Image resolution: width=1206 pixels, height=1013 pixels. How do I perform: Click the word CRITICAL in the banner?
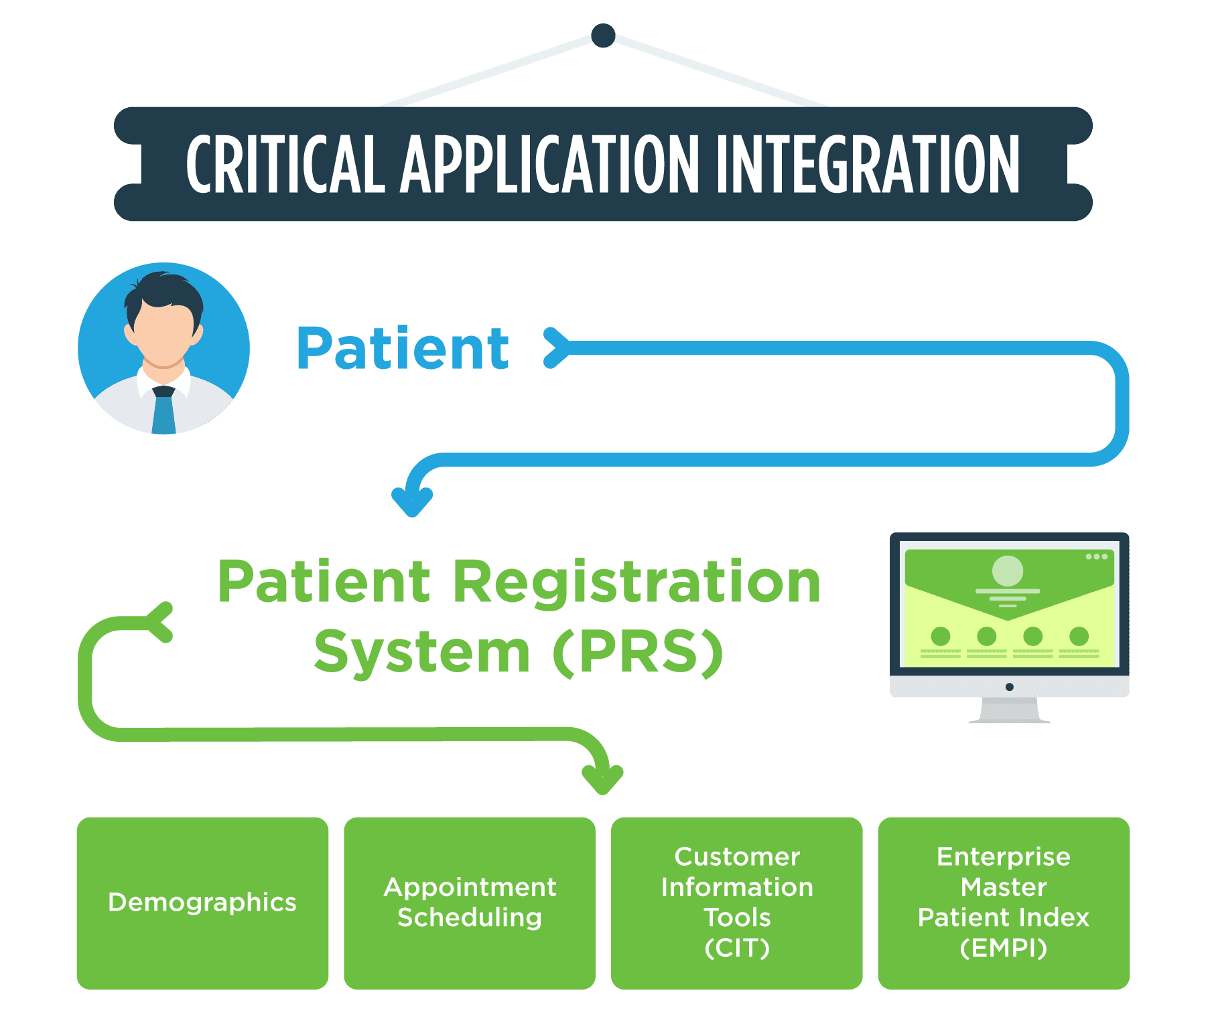coord(285,164)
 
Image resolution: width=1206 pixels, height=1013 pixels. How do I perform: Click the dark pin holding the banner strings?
coord(603,35)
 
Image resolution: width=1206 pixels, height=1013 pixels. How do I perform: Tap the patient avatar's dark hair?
coord(163,291)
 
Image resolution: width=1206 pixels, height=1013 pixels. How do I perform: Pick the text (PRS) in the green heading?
coord(638,652)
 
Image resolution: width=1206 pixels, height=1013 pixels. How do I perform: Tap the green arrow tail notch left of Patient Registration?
coord(161,622)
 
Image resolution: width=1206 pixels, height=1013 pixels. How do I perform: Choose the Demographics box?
coord(202,902)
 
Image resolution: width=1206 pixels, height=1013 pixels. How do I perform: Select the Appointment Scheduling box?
coord(469,902)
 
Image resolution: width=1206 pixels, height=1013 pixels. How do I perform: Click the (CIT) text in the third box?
coord(737,948)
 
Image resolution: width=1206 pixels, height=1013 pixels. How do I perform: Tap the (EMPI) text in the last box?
coord(1003,948)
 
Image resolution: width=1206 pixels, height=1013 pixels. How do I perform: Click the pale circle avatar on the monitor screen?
coord(1007,570)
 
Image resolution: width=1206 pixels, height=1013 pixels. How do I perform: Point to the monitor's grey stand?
coord(1009,711)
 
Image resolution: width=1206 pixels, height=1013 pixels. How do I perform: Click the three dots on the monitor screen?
coord(1096,556)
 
